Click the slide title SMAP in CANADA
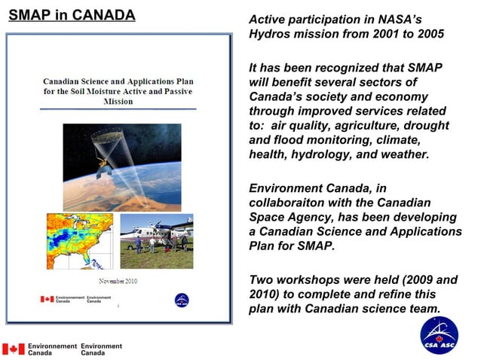[72, 16]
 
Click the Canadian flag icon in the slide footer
[14, 349]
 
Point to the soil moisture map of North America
[79, 241]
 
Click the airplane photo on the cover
[156, 241]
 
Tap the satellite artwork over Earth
[121, 166]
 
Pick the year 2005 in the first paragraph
[427, 35]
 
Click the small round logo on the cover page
[182, 301]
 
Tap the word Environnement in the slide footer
[52, 346]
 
